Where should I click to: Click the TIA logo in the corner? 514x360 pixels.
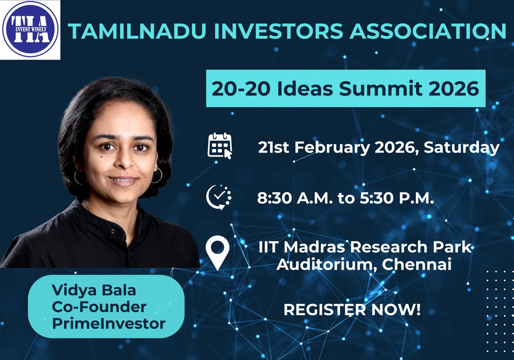pyautogui.click(x=30, y=30)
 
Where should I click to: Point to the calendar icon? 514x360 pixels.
pyautogui.click(x=219, y=146)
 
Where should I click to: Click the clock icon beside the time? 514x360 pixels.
pyautogui.click(x=218, y=197)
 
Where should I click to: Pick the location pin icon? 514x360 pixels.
pyautogui.click(x=218, y=253)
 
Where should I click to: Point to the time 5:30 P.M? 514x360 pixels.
pyautogui.click(x=394, y=198)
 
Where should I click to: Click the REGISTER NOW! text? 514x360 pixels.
pyautogui.click(x=352, y=310)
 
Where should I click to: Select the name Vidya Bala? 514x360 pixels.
pyautogui.click(x=94, y=290)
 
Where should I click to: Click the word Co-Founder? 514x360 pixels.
pyautogui.click(x=99, y=307)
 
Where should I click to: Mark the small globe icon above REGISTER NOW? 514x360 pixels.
pyautogui.click(x=305, y=295)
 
